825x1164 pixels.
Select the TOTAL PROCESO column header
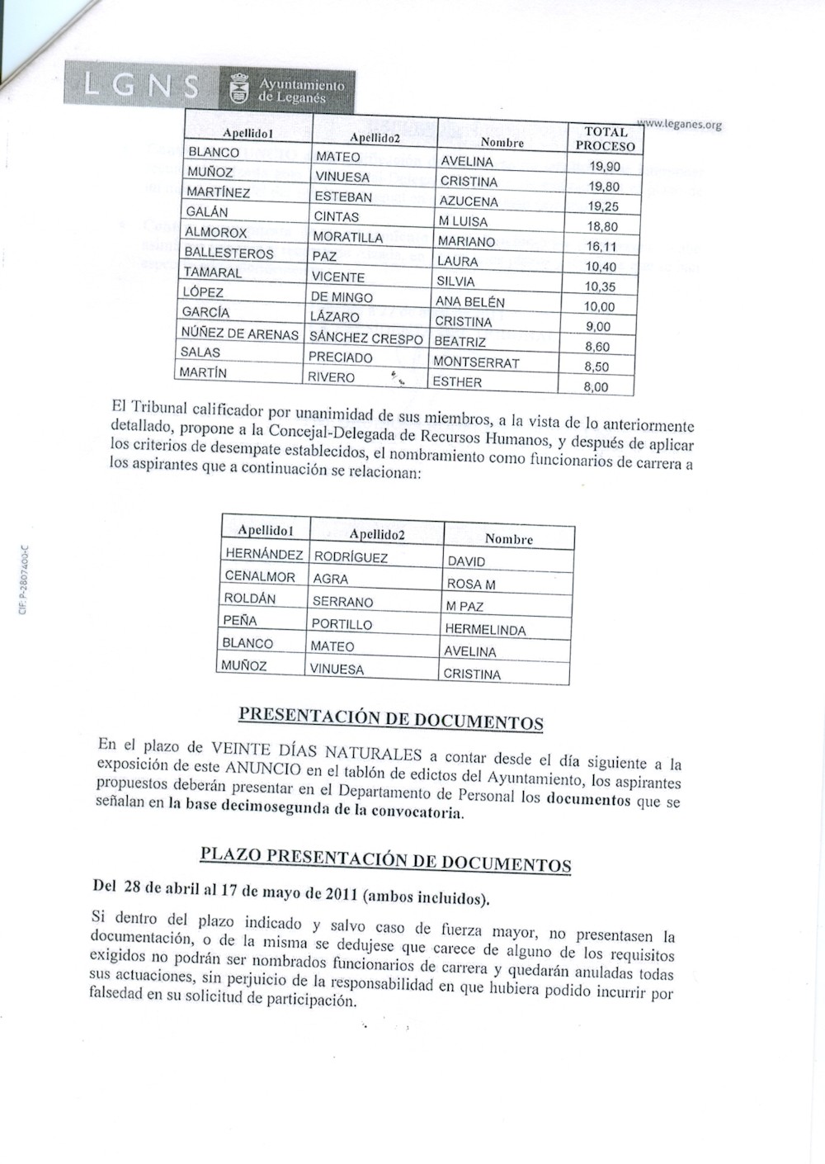[606, 139]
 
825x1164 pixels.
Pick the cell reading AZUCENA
[469, 201]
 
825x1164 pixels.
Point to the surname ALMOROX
[215, 233]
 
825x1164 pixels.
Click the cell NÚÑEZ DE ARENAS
[239, 334]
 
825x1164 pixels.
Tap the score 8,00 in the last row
[596, 386]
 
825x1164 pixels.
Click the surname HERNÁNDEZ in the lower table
[263, 554]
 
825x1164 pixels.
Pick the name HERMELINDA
[485, 629]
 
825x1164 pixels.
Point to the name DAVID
[466, 561]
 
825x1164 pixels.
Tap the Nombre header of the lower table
[508, 539]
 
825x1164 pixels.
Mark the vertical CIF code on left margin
[24, 580]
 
